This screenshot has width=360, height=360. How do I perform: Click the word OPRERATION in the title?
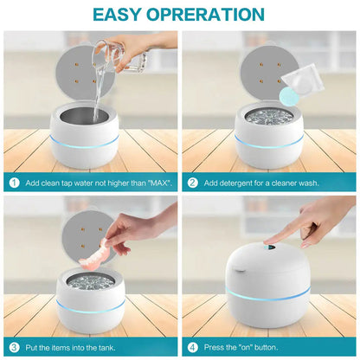(x=205, y=15)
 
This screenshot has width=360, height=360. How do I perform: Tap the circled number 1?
(x=14, y=183)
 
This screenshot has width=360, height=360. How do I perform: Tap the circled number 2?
(x=192, y=183)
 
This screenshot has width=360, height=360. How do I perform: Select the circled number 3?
(x=14, y=347)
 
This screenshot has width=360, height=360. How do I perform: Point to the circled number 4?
(x=192, y=347)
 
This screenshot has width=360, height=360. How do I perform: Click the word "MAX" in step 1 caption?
(x=161, y=183)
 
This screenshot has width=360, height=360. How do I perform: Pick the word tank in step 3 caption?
(x=106, y=348)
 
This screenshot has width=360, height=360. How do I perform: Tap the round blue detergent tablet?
(x=288, y=95)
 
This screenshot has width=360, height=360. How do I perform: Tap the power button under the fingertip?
(x=270, y=247)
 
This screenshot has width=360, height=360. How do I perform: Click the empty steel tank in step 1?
(x=84, y=114)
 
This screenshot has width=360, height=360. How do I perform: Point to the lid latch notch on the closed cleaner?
(x=241, y=270)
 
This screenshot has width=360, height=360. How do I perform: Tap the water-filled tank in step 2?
(x=269, y=116)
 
